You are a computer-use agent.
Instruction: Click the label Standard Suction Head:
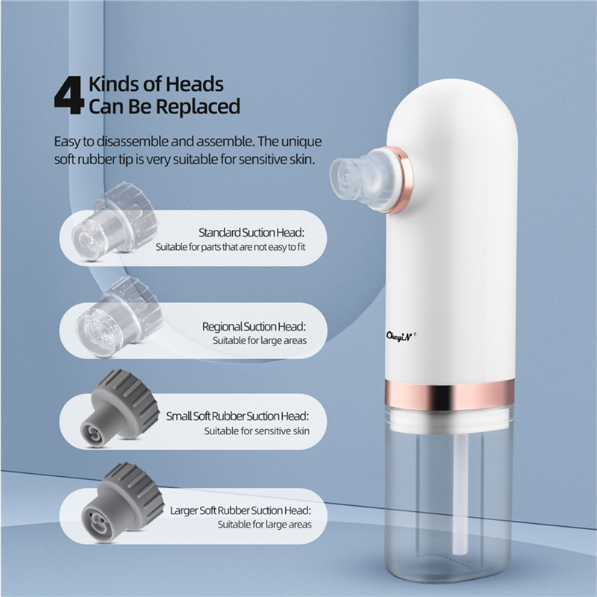pyautogui.click(x=252, y=232)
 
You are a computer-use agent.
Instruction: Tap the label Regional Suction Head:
pyautogui.click(x=254, y=327)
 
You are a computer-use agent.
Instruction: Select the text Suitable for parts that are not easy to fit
pyautogui.click(x=231, y=246)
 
